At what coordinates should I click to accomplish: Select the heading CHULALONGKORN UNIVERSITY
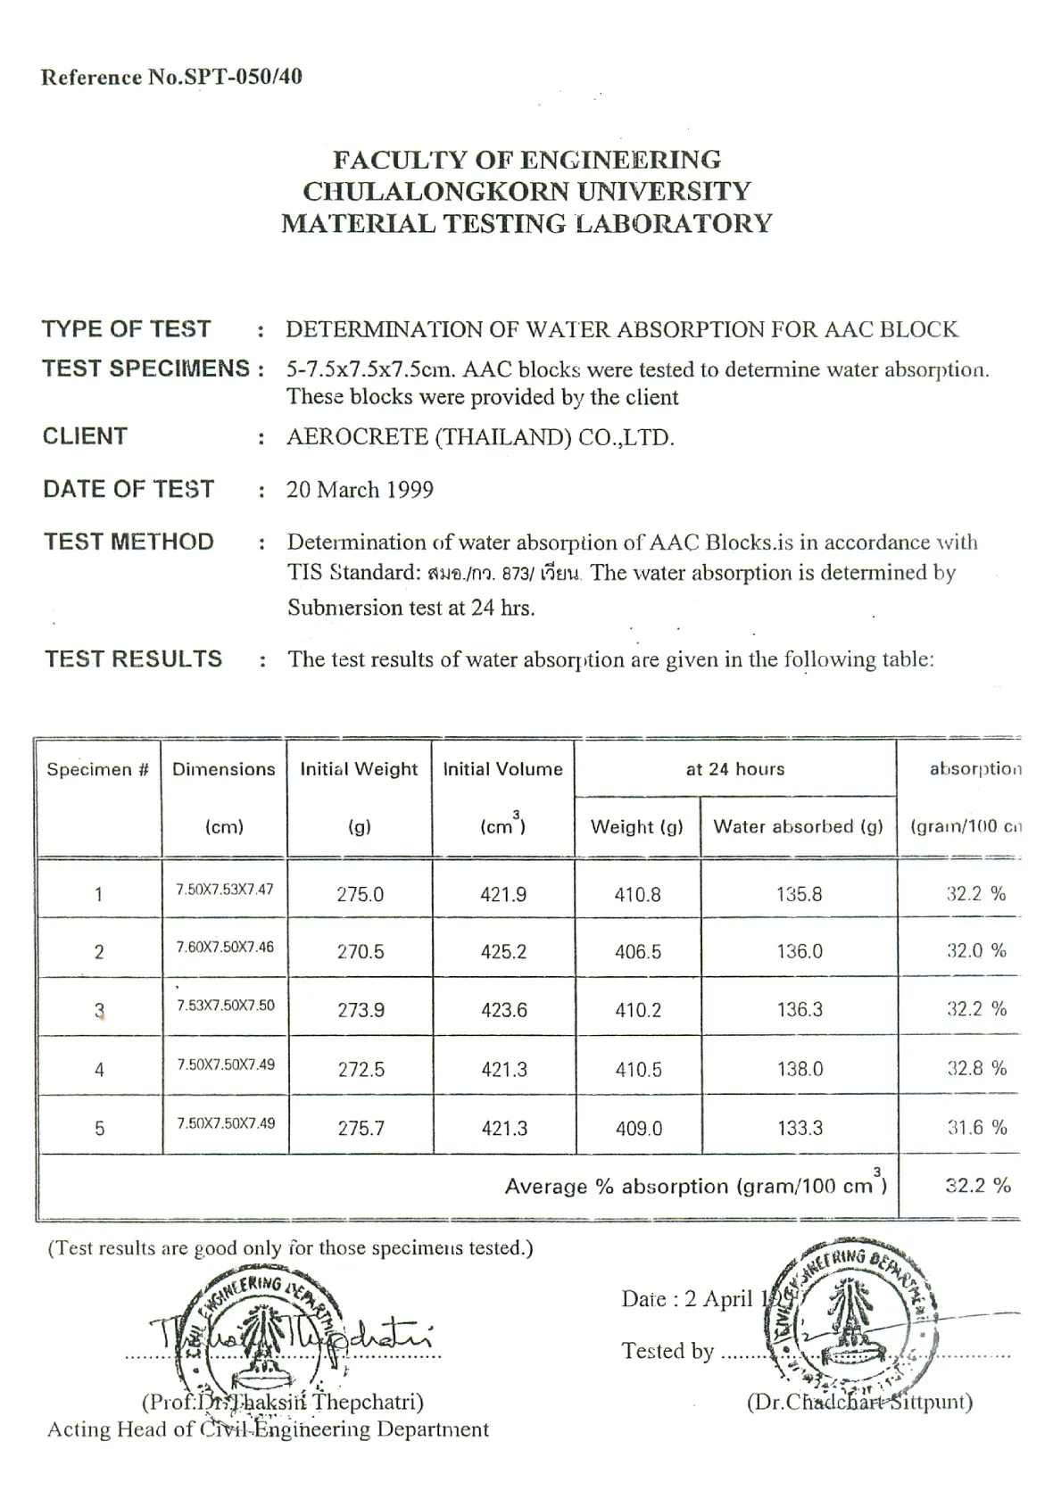[526, 191]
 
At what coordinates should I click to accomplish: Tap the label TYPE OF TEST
[127, 328]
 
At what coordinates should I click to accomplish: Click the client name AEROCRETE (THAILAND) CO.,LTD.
[480, 437]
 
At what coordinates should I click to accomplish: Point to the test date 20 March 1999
[360, 489]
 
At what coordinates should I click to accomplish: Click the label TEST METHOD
[129, 542]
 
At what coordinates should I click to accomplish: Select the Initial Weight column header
[359, 769]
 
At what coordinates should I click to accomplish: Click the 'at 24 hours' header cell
[734, 769]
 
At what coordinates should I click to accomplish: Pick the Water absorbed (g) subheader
[798, 826]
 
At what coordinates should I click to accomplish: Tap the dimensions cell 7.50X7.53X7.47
[225, 890]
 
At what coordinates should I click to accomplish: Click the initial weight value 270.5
[361, 952]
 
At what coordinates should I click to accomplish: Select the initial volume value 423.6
[503, 1010]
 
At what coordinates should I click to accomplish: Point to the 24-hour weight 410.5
[638, 1069]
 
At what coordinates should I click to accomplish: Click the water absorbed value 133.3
[799, 1128]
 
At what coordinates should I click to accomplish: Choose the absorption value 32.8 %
[976, 1068]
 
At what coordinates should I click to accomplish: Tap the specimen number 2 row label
[99, 952]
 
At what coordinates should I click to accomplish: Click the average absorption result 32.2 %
[977, 1185]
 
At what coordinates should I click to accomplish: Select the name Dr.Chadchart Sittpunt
[859, 1402]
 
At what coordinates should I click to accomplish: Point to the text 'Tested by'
[667, 1351]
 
